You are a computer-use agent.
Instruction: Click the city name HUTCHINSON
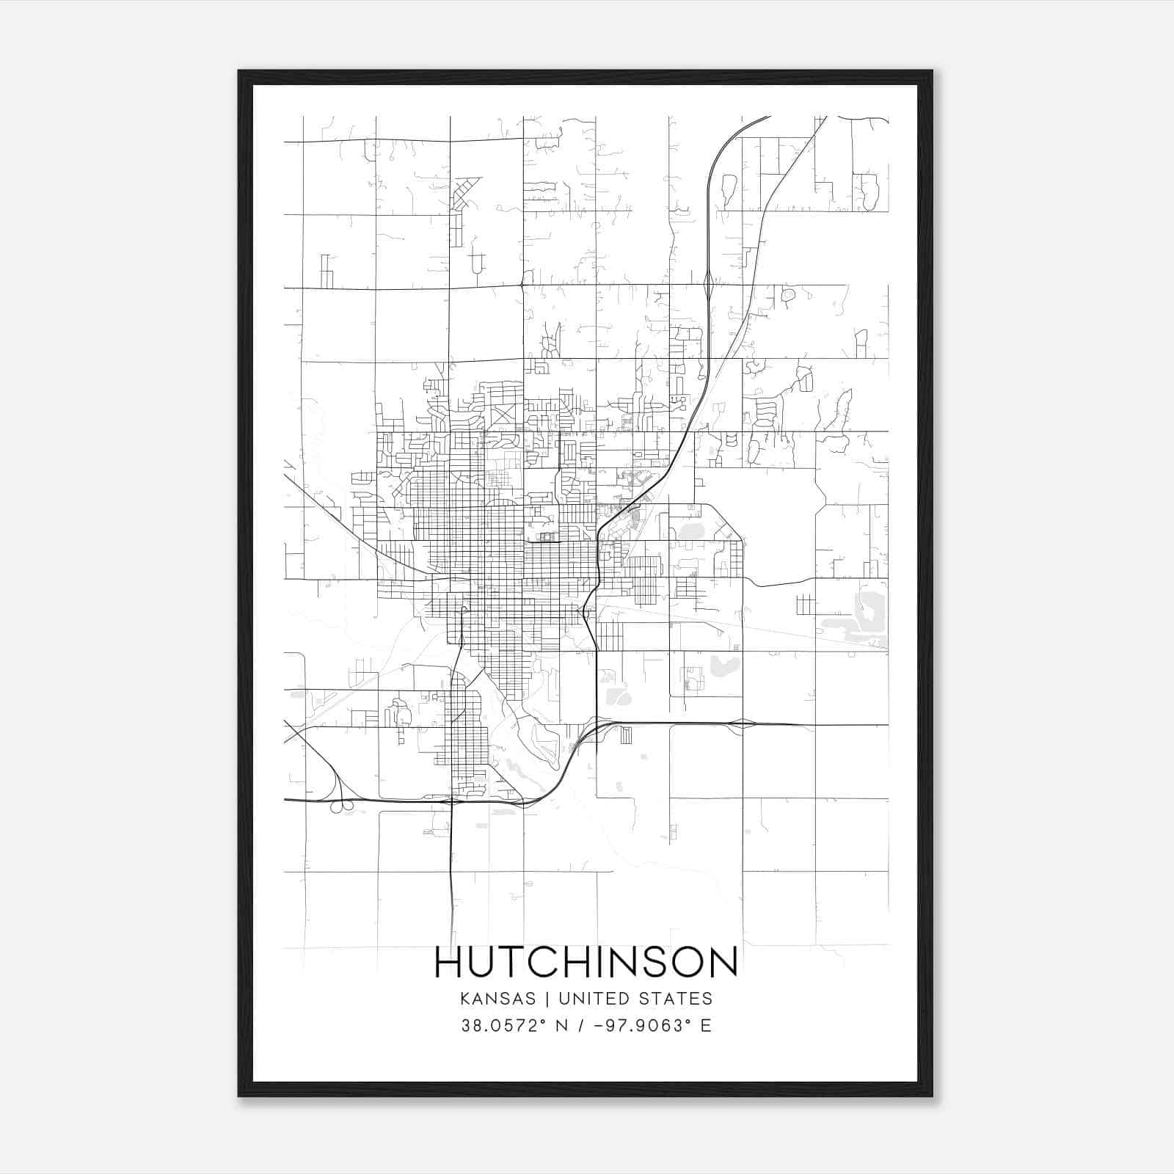[x=586, y=962]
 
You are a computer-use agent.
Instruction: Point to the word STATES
[x=682, y=999]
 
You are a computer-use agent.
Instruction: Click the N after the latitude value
[x=563, y=1026]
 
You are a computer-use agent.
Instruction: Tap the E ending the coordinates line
[x=706, y=1026]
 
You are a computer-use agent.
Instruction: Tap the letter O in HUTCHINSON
[x=683, y=962]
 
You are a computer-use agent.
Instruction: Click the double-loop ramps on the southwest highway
[x=339, y=806]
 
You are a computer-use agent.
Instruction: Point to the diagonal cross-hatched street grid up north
[x=463, y=193]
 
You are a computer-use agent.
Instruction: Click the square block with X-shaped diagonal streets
[x=504, y=417]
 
